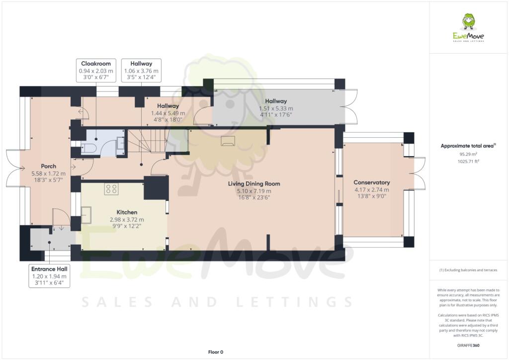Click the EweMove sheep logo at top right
click(x=468, y=22)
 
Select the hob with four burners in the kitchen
click(x=110, y=189)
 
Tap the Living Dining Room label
click(x=254, y=183)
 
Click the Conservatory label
click(x=371, y=182)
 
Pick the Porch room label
click(x=48, y=166)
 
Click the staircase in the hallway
click(x=148, y=141)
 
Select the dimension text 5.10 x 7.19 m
click(x=254, y=191)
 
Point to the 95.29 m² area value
click(x=468, y=154)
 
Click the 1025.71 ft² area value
click(x=468, y=161)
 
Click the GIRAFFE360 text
click(x=469, y=345)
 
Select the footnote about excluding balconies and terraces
click(x=468, y=270)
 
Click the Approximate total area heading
click(x=468, y=146)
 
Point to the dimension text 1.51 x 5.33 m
click(x=276, y=108)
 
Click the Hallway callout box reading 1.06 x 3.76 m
click(x=142, y=71)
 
